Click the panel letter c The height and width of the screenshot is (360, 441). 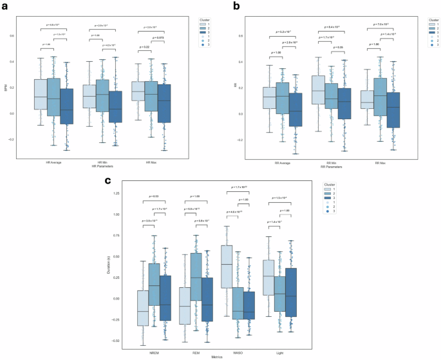pos(108,181)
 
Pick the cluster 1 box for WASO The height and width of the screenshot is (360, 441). pos(227,266)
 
